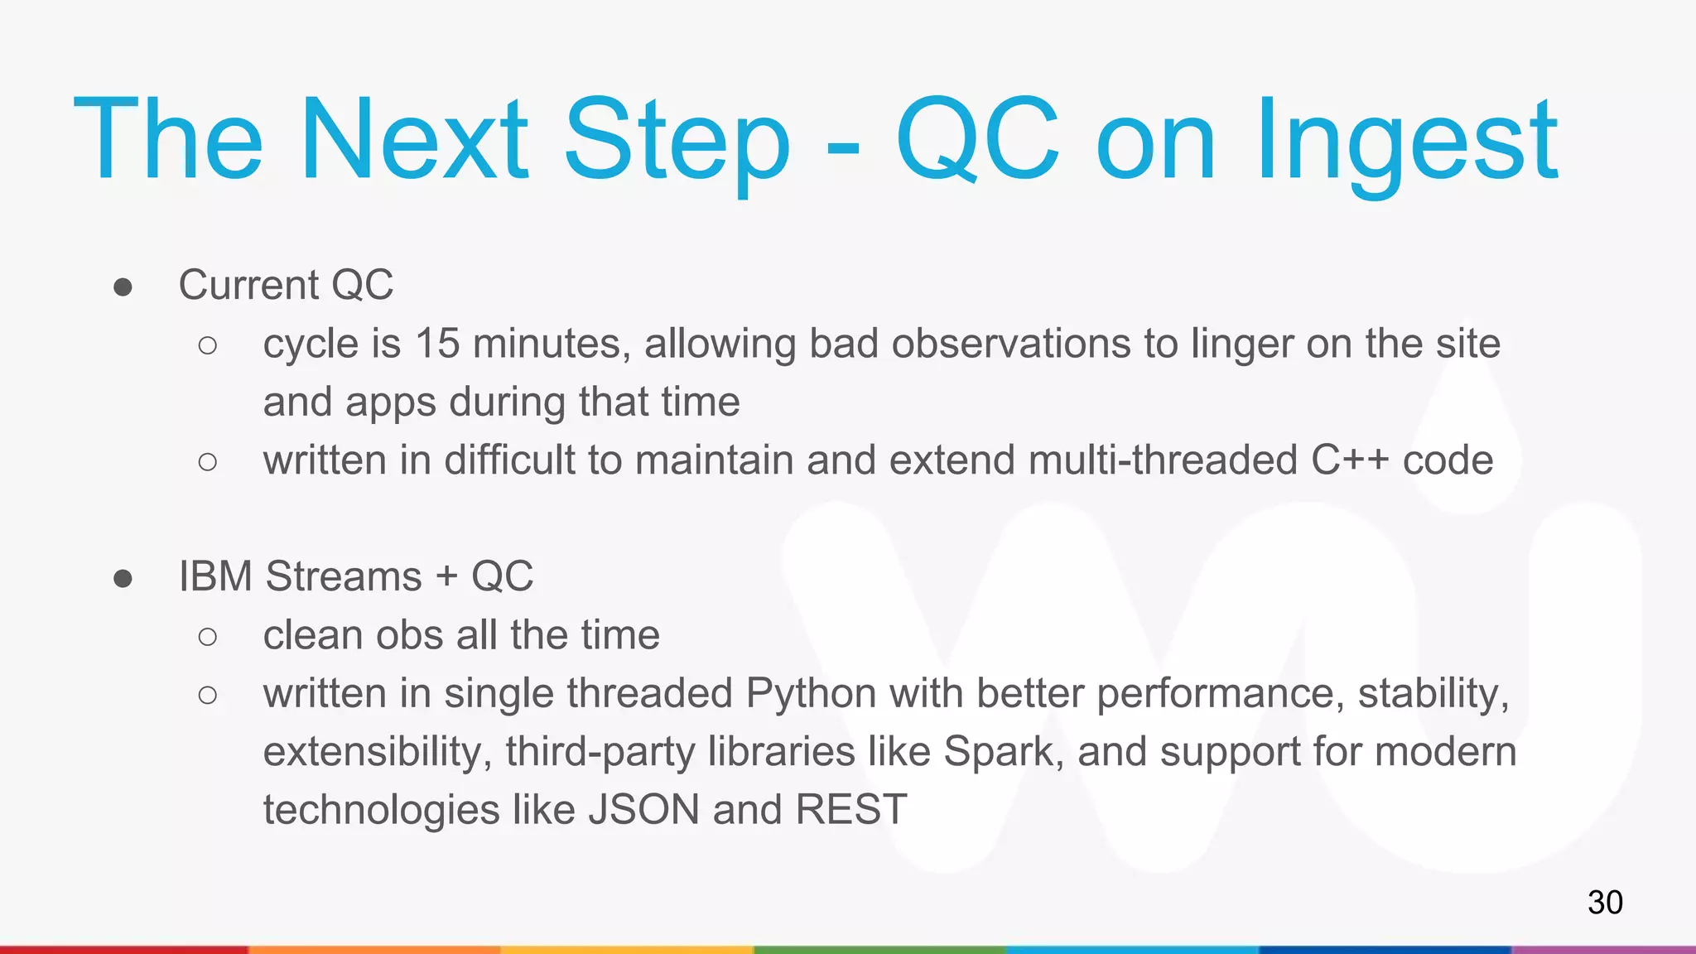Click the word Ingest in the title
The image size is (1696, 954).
[x=1406, y=141]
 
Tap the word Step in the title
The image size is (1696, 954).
[x=677, y=141]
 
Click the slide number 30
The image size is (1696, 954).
[x=1604, y=902]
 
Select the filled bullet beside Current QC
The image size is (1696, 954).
[x=123, y=287]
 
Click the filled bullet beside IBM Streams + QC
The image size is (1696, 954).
[x=123, y=578]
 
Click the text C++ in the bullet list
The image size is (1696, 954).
[x=1349, y=460]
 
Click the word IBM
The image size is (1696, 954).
[x=215, y=576]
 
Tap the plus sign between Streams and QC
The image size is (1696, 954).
[x=446, y=576]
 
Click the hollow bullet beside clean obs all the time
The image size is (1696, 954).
[x=208, y=636]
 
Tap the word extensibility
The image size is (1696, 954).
[x=378, y=752]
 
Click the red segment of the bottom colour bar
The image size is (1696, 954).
[x=124, y=949]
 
